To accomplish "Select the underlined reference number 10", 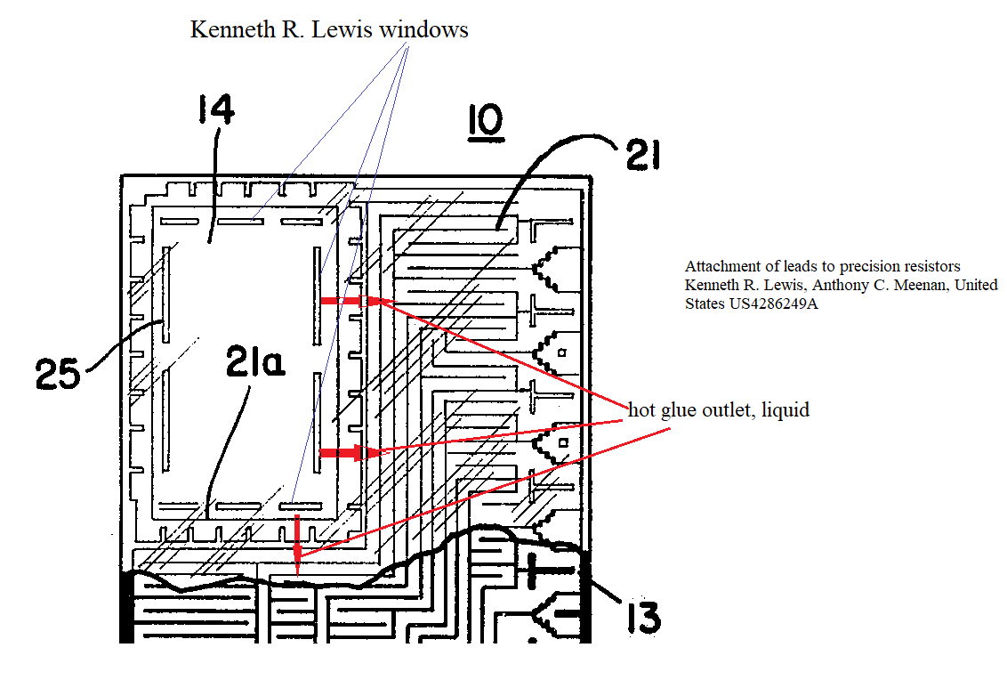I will coord(485,124).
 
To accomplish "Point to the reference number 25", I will coord(57,375).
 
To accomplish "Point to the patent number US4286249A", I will coord(776,304).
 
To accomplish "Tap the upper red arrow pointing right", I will coord(343,301).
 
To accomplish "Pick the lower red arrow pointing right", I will coord(343,453).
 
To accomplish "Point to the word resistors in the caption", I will coord(930,266).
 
